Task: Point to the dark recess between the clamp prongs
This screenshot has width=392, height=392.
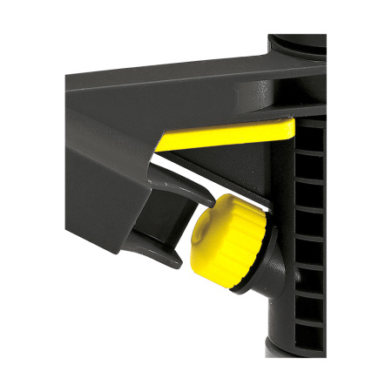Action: pyautogui.click(x=170, y=222)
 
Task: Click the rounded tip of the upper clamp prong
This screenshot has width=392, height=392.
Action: pyautogui.click(x=206, y=199)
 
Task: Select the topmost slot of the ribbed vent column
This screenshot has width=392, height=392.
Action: pyautogui.click(x=310, y=139)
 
